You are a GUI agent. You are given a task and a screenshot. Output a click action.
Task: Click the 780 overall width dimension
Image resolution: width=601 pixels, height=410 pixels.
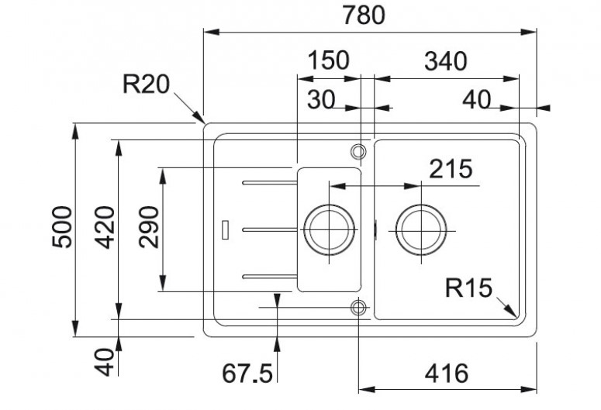pos(364,16)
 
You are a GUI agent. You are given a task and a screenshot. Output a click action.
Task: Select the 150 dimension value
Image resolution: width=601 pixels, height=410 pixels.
pos(329,60)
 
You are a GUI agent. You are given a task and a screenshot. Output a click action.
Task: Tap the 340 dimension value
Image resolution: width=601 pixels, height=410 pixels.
pos(445,61)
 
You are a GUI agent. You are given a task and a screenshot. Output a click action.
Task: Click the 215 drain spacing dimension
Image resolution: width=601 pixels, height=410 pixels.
pos(451,169)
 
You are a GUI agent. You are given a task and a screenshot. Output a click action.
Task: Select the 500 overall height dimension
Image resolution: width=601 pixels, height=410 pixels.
pos(62,227)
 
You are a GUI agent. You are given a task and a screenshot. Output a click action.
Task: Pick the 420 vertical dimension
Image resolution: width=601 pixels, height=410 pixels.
pos(105,227)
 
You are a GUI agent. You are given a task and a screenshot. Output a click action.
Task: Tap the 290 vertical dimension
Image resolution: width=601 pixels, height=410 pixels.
pos(149,227)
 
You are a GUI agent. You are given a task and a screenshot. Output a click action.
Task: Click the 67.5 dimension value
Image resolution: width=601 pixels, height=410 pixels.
pos(247,374)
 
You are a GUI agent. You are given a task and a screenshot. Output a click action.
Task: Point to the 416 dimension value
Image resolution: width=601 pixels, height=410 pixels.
pos(447,374)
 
